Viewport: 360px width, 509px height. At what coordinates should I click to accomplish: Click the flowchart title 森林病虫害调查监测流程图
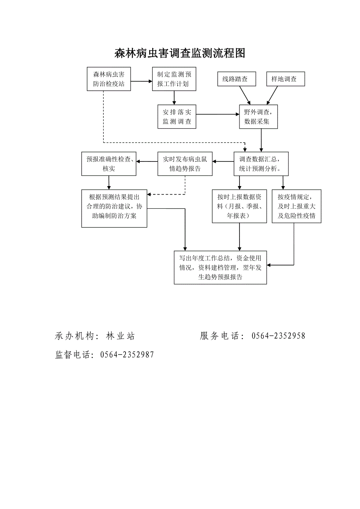pos(180,54)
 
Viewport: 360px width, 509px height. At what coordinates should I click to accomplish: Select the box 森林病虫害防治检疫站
pos(109,79)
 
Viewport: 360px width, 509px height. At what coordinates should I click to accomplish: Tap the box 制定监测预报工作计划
pos(174,79)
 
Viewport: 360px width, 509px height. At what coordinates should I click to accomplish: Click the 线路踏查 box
pos(237,79)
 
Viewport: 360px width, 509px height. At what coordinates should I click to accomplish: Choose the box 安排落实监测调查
pos(177,116)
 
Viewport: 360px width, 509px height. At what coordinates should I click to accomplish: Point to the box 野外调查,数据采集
pos(259,116)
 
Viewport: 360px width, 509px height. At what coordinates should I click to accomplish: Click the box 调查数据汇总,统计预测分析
pos(262,164)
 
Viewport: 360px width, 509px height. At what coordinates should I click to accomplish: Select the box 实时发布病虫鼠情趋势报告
pos(185,164)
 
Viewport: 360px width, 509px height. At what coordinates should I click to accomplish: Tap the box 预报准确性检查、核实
pos(109,164)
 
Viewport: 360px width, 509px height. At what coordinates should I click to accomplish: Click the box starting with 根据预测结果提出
pos(114,208)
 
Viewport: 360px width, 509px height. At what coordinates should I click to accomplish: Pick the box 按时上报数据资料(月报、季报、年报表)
pos(239,206)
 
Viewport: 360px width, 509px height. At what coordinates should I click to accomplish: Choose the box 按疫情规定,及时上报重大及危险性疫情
pos(296,206)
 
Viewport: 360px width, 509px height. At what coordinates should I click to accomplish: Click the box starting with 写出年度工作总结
pos(220,267)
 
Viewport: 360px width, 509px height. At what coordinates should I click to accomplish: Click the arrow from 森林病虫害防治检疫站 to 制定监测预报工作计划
pos(141,81)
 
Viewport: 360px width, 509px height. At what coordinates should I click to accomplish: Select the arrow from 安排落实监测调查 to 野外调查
pos(218,115)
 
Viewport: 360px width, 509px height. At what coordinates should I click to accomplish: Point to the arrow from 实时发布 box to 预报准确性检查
pos(147,161)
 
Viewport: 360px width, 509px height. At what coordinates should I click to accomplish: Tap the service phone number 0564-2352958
pos(278,336)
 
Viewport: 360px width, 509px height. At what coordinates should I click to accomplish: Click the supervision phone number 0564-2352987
pos(127,355)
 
